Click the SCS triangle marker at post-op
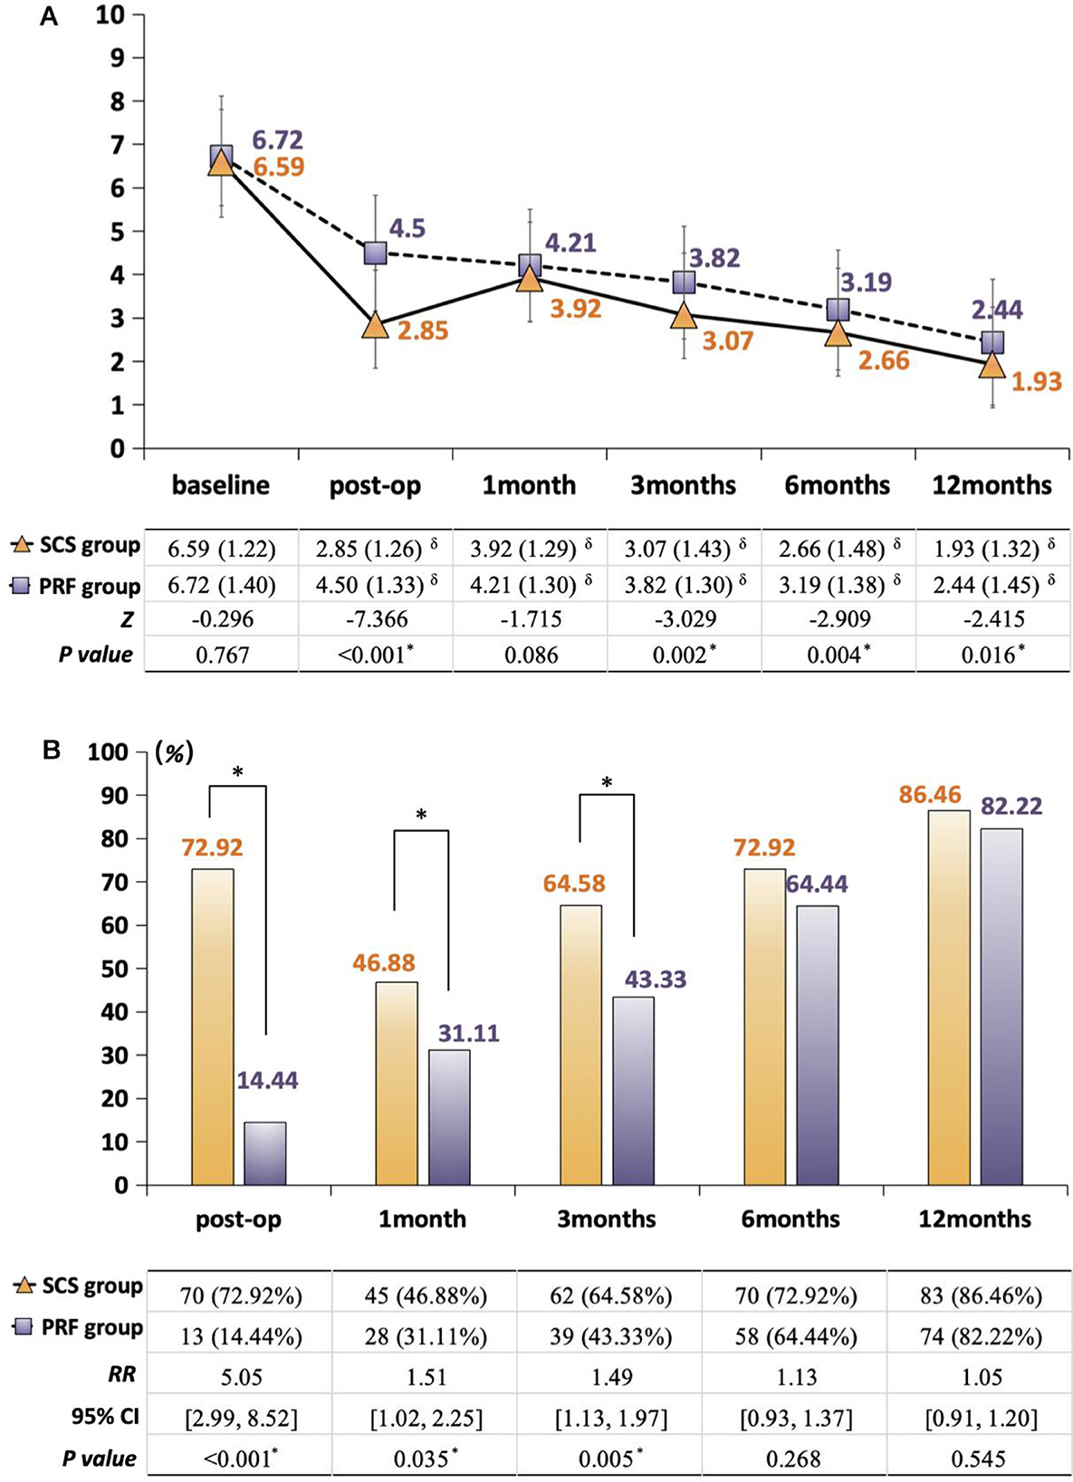coord(375,326)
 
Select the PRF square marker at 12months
coord(992,342)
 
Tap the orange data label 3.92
coord(576,309)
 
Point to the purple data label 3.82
coord(714,258)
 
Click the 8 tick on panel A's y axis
coord(117,101)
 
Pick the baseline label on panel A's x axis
coord(221,485)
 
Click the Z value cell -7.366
coord(377,619)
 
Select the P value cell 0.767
coord(223,655)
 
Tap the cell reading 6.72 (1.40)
coord(223,585)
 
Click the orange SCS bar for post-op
coord(213,1027)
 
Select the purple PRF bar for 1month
coord(449,1117)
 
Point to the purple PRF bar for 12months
coord(1001,1007)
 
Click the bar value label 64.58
coord(574,883)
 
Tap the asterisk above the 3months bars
coord(607,782)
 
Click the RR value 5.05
coord(241,1377)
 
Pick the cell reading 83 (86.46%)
coord(982,1296)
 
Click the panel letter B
coord(51,750)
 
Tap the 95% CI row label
coord(105,1416)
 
